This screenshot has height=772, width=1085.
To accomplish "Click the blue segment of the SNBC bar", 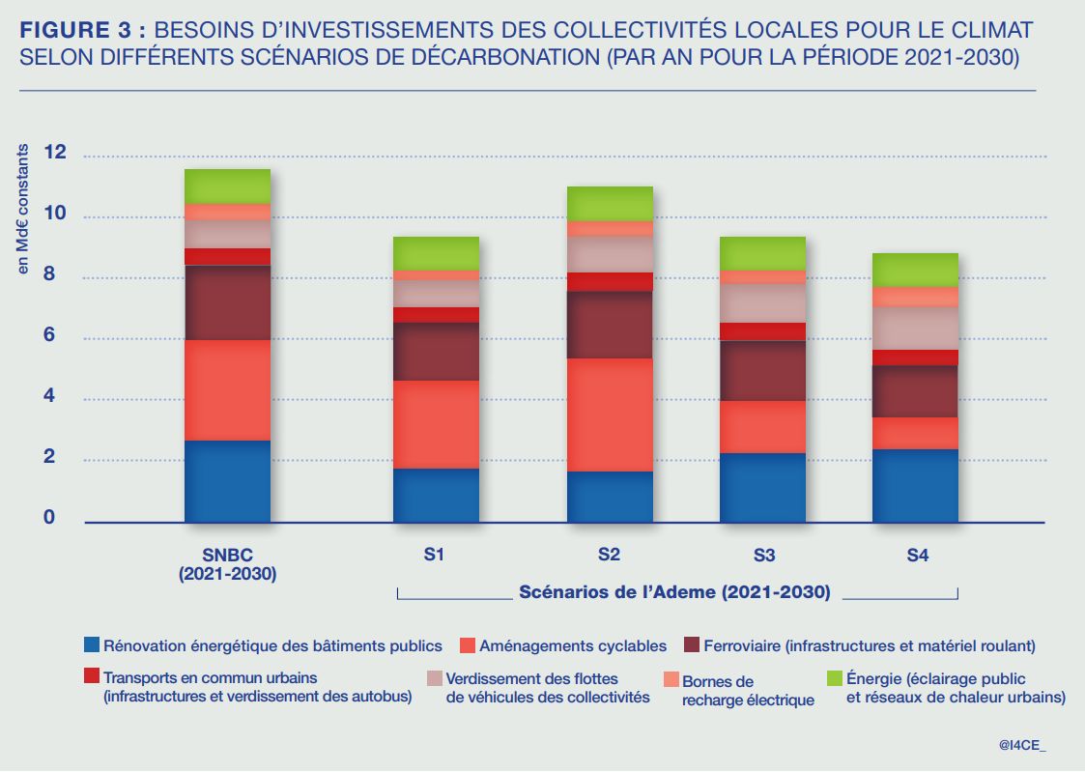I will [x=227, y=481].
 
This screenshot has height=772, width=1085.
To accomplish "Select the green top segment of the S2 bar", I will [x=609, y=203].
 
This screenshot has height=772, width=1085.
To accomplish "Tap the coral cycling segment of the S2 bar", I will [x=609, y=415].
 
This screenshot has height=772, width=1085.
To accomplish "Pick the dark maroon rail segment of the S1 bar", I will [x=436, y=351].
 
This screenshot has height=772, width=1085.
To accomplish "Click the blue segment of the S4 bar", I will [x=914, y=485].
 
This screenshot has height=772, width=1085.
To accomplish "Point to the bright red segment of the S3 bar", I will [x=761, y=331].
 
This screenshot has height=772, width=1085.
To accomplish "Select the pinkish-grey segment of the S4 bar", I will [x=914, y=328].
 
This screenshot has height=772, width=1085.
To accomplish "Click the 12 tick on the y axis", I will [x=55, y=153].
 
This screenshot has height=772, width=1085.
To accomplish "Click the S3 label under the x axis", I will [x=763, y=556].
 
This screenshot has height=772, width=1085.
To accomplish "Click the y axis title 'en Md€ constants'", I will [x=23, y=210].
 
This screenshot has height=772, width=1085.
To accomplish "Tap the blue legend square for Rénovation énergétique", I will [x=92, y=644].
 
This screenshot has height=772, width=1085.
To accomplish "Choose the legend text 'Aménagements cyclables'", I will [x=573, y=645].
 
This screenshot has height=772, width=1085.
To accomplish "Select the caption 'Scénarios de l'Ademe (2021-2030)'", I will [x=674, y=592].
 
